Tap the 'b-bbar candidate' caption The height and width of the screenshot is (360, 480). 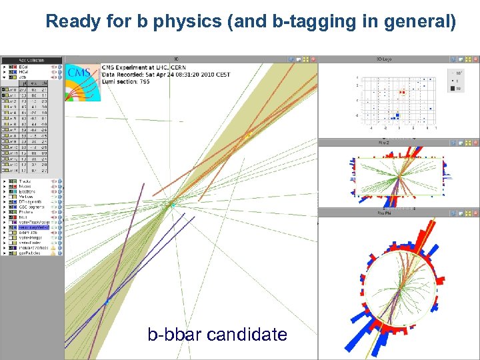(x=217, y=334)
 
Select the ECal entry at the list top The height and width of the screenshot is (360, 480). (x=23, y=67)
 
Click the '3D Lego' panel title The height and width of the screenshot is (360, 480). (x=385, y=59)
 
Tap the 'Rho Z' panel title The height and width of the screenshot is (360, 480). (x=385, y=143)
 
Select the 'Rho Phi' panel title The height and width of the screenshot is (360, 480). (x=385, y=212)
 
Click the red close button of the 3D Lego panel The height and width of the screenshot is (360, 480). (x=475, y=59)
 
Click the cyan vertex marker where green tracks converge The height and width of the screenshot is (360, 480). (x=171, y=204)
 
